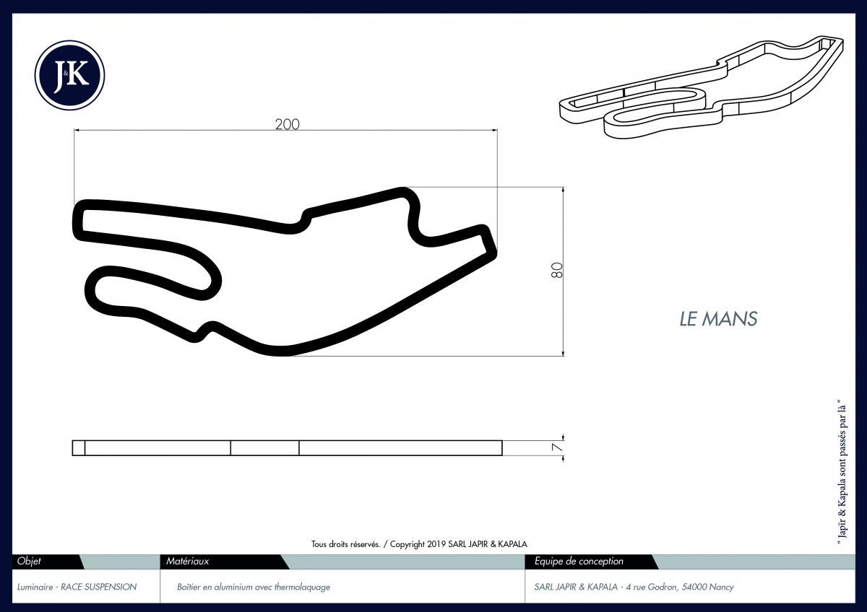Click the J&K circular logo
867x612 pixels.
tap(69, 75)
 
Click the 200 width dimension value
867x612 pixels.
tap(288, 124)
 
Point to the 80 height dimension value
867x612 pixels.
tap(556, 270)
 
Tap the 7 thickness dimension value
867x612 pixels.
tap(556, 447)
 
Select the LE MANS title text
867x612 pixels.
tap(718, 319)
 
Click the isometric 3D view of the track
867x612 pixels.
tap(702, 87)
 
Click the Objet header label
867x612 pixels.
tap(29, 561)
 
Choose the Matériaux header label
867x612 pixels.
tap(187, 561)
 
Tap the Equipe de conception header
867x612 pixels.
tap(579, 561)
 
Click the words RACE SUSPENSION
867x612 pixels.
tap(99, 587)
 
